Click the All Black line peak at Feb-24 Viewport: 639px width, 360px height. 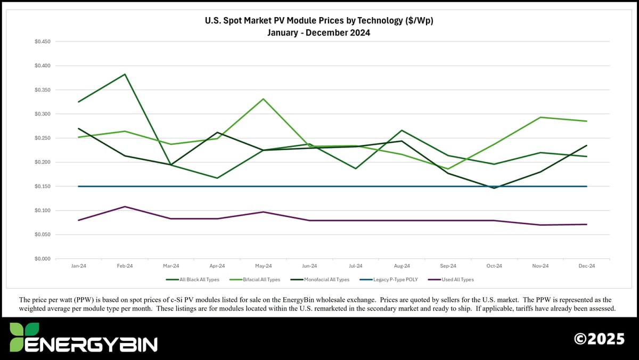[x=125, y=74]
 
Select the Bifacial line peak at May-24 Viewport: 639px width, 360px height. [x=263, y=99]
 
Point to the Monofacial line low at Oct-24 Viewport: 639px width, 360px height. [x=494, y=188]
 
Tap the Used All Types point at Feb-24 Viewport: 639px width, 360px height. [x=125, y=207]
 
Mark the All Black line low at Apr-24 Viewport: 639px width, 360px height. [x=217, y=178]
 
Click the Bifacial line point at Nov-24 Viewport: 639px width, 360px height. [x=540, y=117]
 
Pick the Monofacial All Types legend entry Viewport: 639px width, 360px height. [x=323, y=280]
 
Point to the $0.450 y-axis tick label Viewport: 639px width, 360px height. [x=43, y=42]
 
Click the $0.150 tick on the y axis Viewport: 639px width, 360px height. [x=43, y=186]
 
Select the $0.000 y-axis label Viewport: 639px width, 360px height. [x=43, y=259]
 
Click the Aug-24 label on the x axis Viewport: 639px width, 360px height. [x=402, y=266]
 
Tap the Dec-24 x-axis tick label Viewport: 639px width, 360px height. [x=586, y=266]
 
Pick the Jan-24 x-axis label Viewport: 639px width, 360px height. [x=79, y=266]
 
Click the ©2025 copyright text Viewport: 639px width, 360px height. [x=599, y=339]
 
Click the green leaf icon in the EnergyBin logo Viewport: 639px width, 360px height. [x=24, y=330]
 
